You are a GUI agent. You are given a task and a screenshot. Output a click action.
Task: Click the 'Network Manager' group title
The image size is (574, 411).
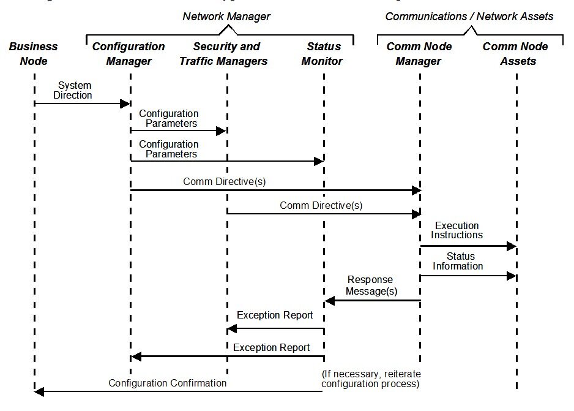point(226,17)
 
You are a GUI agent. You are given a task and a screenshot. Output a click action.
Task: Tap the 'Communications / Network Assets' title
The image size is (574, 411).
point(469,17)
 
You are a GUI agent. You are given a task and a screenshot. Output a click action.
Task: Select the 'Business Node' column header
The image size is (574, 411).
point(33,53)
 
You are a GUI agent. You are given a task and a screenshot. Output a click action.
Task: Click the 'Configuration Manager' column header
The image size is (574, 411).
point(129,53)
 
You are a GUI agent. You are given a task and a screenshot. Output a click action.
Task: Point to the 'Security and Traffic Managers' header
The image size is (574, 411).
point(223,53)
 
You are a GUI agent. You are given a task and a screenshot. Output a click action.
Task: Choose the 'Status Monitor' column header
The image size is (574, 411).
point(322,53)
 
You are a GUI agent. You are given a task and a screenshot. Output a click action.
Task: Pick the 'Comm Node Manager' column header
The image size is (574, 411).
point(419,53)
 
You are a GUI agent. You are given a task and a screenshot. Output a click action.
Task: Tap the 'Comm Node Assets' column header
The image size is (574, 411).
point(515,53)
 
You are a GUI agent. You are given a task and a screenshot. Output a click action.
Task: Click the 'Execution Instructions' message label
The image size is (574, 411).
point(457,230)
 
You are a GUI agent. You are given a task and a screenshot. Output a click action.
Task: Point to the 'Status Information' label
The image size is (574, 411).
point(458,261)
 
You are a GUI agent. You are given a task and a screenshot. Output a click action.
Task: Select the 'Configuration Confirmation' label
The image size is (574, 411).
point(167,383)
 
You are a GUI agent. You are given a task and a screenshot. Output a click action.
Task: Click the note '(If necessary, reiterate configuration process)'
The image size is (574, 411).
point(371,379)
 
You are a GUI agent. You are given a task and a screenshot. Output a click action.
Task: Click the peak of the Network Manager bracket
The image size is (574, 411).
point(228,25)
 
